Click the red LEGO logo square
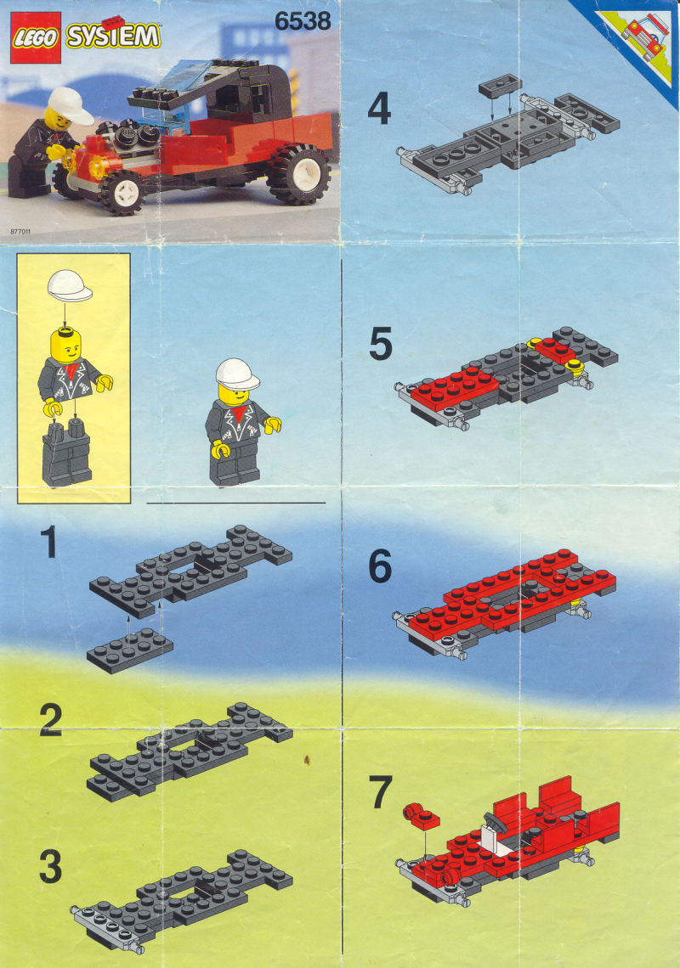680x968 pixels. click(x=35, y=38)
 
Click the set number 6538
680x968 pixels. click(x=303, y=21)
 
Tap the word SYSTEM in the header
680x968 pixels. click(x=113, y=35)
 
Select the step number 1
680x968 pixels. click(x=48, y=542)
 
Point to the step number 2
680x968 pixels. click(x=51, y=720)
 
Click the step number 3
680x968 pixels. click(x=51, y=866)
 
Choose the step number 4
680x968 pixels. click(x=379, y=109)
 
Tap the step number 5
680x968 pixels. click(x=381, y=344)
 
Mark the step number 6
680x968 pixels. click(x=380, y=566)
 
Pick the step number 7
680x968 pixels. click(x=381, y=792)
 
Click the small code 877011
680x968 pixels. click(x=20, y=232)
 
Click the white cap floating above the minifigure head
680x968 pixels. click(x=70, y=286)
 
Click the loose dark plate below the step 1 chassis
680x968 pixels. click(x=130, y=650)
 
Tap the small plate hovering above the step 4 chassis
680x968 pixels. click(x=501, y=87)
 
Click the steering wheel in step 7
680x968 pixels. click(x=495, y=822)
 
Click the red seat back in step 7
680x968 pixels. click(x=560, y=796)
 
